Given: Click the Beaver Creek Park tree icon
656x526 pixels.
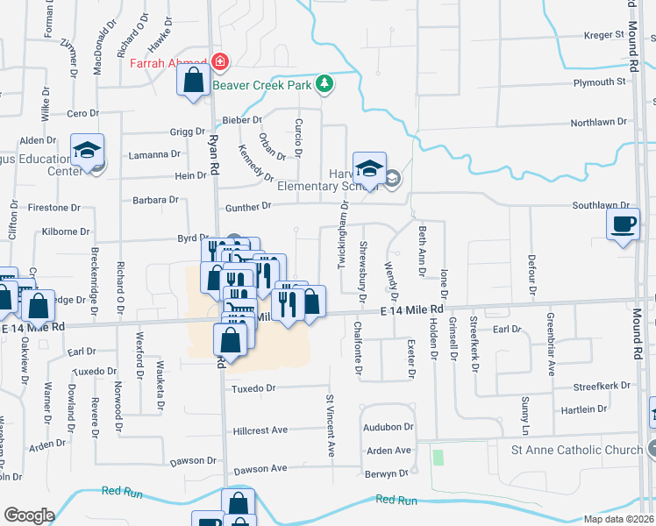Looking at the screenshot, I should pos(326,83).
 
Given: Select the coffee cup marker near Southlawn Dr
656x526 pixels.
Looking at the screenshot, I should pos(624,225).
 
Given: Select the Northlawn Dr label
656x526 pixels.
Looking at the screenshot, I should pos(599,123).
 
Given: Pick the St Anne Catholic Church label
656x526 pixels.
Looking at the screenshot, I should pos(577,451).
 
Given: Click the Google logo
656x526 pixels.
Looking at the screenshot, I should pos(29,515).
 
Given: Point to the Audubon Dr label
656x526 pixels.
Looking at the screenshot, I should pos(389,427).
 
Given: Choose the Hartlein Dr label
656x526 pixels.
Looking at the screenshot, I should pos(583,409).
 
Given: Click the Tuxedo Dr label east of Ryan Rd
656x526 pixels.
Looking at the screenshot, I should pos(253,387).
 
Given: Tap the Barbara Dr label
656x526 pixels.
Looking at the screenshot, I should pos(155,200).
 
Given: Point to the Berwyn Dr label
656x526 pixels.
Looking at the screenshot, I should pos(387,473).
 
